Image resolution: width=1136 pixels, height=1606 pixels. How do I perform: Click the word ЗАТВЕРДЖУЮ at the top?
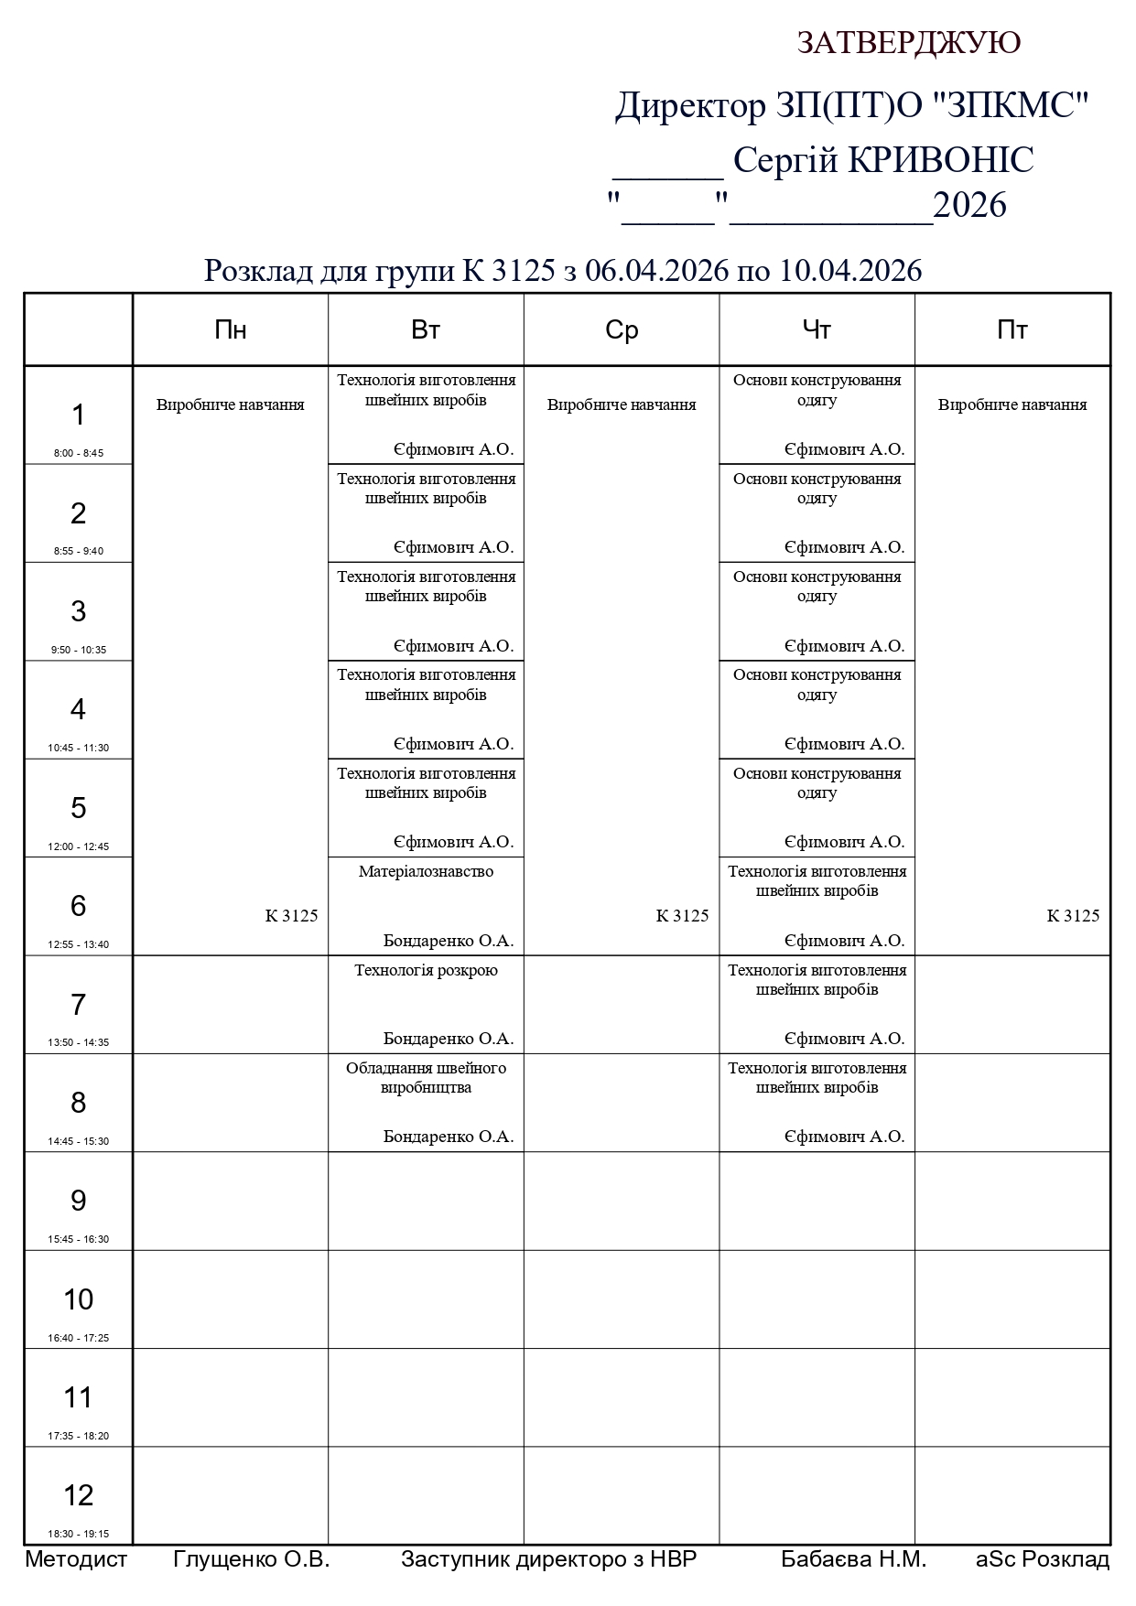(908, 43)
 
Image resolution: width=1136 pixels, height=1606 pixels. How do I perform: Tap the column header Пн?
(231, 330)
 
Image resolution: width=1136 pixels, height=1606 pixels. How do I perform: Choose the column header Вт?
(426, 330)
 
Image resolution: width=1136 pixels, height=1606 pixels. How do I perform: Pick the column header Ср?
(622, 330)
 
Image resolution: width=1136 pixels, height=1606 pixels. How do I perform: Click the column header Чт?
(817, 330)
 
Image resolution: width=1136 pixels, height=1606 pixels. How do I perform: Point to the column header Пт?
(1012, 330)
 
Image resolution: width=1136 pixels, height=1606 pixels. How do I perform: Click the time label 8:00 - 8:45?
(79, 453)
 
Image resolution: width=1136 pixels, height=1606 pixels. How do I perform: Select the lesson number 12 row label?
(79, 1495)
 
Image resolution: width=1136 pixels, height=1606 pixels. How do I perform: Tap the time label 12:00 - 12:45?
(79, 846)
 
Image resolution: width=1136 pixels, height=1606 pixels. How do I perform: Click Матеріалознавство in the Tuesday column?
(426, 872)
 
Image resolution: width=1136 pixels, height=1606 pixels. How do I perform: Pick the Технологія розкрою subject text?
(426, 970)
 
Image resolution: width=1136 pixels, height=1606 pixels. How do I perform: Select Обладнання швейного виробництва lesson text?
(426, 1078)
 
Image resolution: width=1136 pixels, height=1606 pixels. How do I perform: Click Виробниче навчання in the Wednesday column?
(622, 404)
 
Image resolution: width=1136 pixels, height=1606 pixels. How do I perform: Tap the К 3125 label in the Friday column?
(1073, 916)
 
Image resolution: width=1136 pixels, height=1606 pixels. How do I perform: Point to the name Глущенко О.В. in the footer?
(251, 1559)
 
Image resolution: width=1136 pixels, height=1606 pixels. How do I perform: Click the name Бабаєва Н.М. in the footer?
(853, 1559)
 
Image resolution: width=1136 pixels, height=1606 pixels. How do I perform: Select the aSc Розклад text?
(1043, 1559)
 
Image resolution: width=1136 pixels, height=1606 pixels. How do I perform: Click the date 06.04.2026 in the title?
(656, 271)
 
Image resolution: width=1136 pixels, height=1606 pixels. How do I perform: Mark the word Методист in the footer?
(76, 1559)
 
